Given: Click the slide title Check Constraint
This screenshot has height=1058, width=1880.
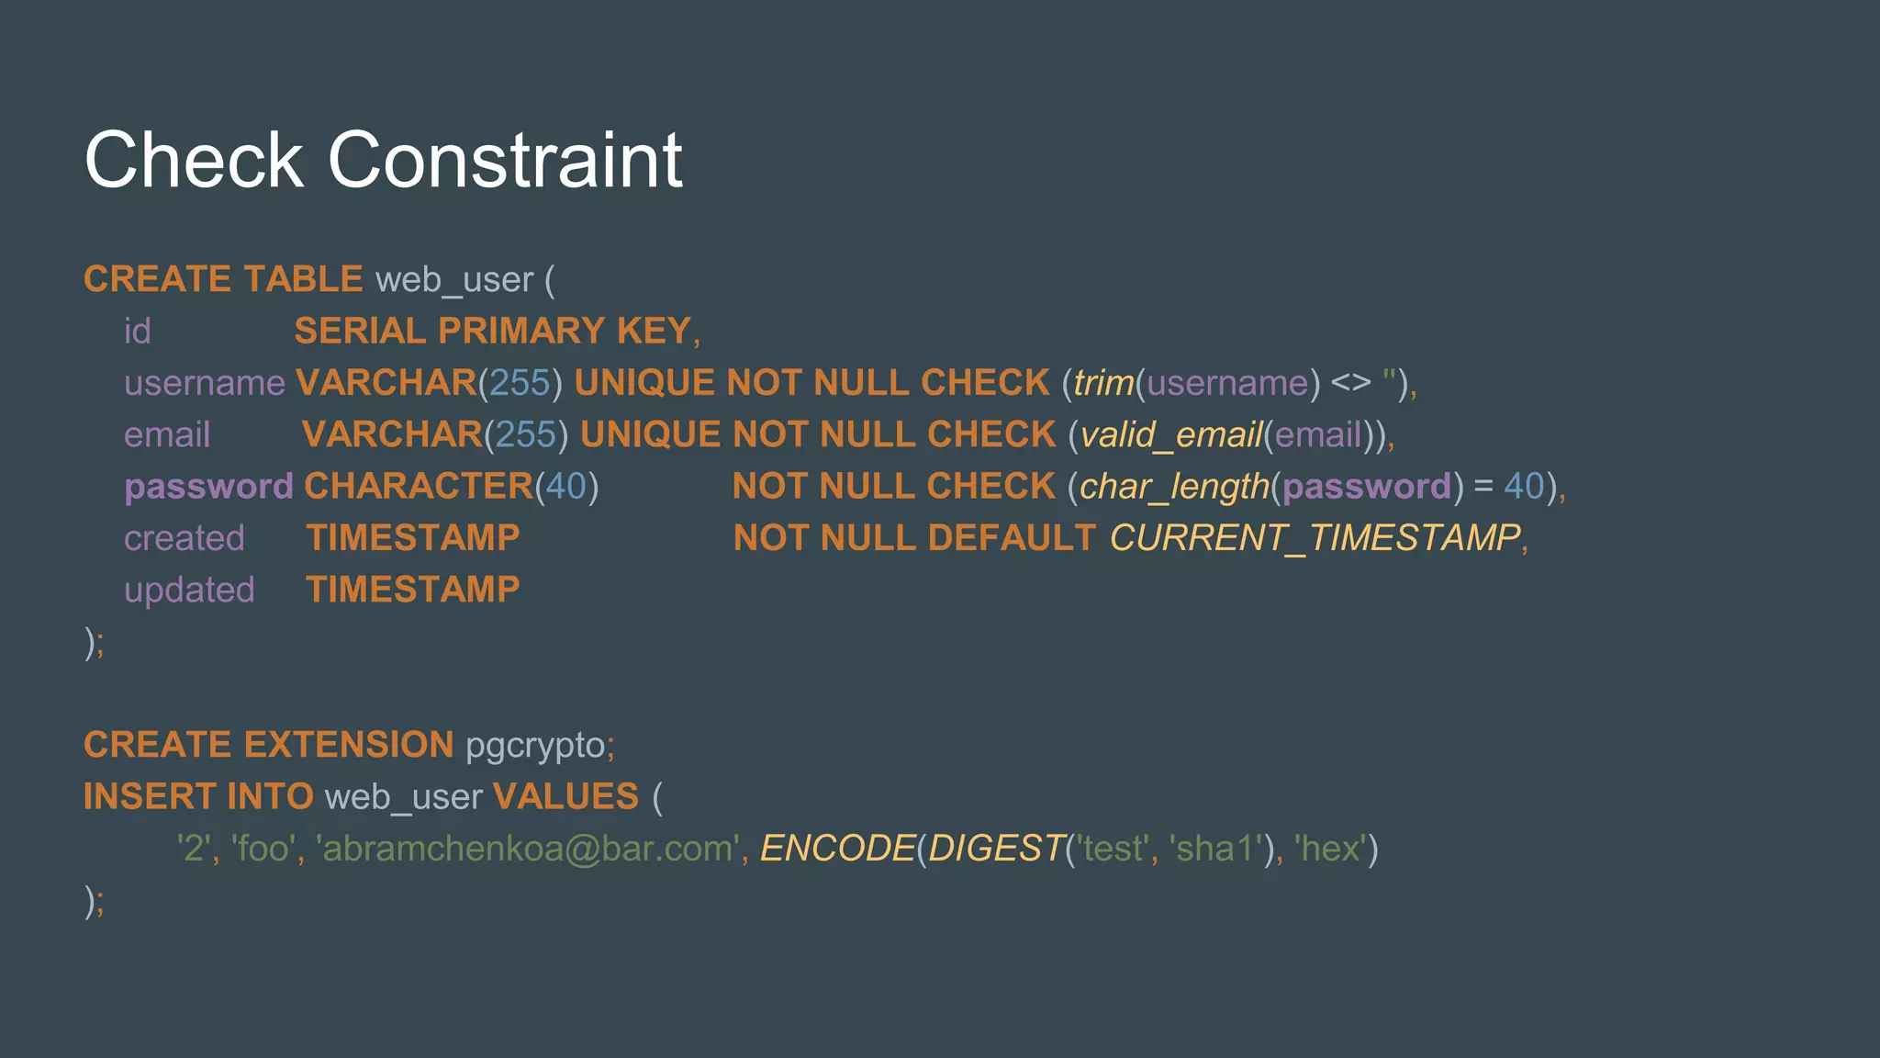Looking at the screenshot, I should (x=383, y=160).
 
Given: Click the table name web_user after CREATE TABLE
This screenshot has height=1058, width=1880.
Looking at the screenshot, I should (x=453, y=279).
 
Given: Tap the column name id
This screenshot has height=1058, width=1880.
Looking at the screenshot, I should (x=137, y=331).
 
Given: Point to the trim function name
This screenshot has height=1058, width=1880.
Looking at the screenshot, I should (x=1103, y=383).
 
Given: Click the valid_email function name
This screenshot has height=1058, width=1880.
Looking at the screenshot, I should (x=1170, y=434).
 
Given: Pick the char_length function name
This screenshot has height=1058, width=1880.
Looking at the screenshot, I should (x=1174, y=487).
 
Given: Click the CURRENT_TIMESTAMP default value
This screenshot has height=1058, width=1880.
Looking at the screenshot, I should (x=1315, y=538).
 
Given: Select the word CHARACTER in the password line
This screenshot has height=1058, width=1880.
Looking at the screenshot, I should (x=419, y=487).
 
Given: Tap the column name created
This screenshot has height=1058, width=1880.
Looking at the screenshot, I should (x=185, y=538).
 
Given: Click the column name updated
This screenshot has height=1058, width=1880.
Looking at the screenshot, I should (x=189, y=590).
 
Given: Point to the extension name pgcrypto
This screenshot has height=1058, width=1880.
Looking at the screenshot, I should (x=535, y=745).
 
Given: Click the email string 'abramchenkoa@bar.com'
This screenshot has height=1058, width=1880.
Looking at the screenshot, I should (x=529, y=849).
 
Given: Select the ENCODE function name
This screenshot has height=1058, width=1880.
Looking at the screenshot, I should (x=837, y=849).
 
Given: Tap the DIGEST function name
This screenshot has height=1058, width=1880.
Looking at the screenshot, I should (x=996, y=849).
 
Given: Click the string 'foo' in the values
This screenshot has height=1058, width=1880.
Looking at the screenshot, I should (x=263, y=849).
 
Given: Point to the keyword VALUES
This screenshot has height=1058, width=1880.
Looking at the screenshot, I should (x=565, y=797).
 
